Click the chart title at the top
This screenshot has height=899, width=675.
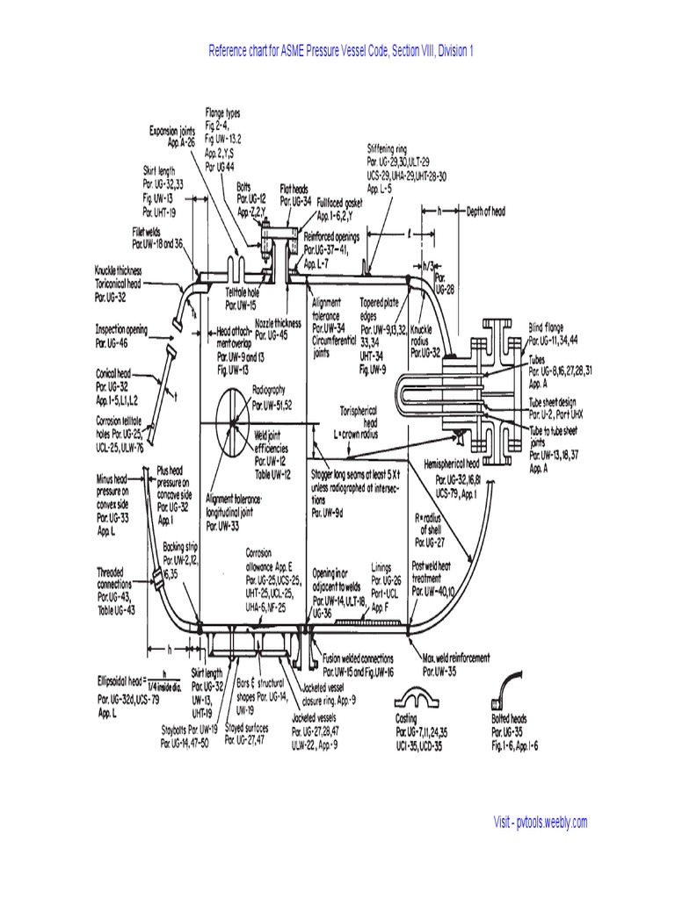[x=341, y=51]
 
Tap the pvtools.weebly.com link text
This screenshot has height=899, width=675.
[x=540, y=823]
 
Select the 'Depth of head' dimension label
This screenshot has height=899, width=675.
[x=490, y=211]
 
